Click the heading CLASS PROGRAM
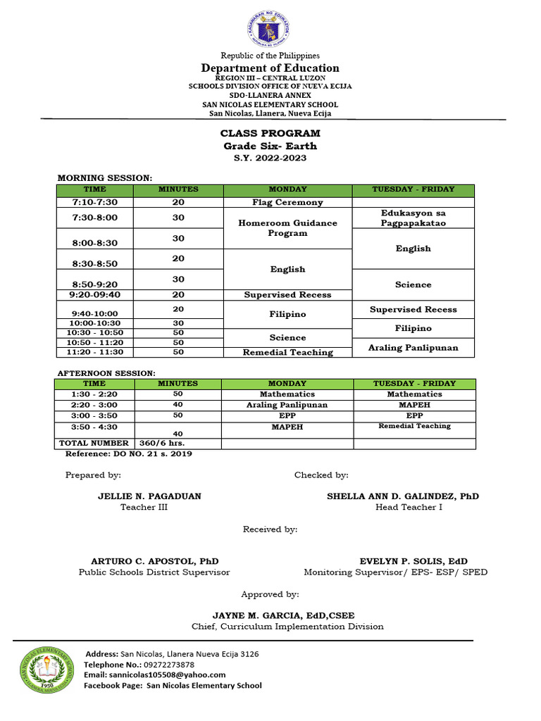tap(270, 133)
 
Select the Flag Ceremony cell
tap(287, 202)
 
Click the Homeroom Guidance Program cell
tap(287, 228)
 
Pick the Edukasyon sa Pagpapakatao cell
tap(413, 218)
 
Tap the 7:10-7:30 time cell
tap(95, 202)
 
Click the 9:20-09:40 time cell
tap(95, 295)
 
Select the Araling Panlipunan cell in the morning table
tap(413, 348)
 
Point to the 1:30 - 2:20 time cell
tap(94, 394)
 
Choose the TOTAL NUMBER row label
tap(94, 443)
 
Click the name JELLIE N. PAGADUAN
tap(149, 496)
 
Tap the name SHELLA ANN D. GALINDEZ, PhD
tap(403, 496)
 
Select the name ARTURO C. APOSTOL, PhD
tap(155, 561)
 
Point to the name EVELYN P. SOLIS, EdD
tap(413, 561)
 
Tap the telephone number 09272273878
tap(168, 665)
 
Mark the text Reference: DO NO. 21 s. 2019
tap(128, 454)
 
